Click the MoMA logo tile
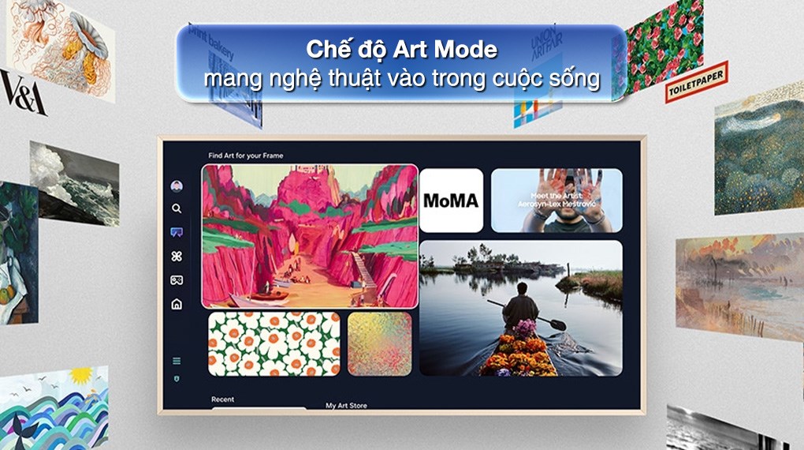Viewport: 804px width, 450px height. coord(451,200)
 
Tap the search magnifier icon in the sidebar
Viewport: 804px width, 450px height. coord(177,208)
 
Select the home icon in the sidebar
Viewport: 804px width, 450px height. coord(177,304)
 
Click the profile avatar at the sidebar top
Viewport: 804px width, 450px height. coord(177,186)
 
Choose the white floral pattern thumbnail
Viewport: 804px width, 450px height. coord(274,343)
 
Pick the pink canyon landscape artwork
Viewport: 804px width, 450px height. coord(310,235)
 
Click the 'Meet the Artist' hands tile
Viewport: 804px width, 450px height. coord(556,200)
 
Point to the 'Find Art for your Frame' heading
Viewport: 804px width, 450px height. coord(245,156)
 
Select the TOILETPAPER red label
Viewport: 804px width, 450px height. coord(696,82)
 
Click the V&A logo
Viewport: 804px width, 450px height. coord(23,93)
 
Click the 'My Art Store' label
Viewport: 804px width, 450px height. coord(346,406)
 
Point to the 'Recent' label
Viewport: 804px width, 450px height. coord(222,399)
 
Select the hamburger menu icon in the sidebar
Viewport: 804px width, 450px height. coord(177,361)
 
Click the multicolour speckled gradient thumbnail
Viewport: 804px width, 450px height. coord(379,343)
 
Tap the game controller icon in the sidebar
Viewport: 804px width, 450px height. coord(177,280)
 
